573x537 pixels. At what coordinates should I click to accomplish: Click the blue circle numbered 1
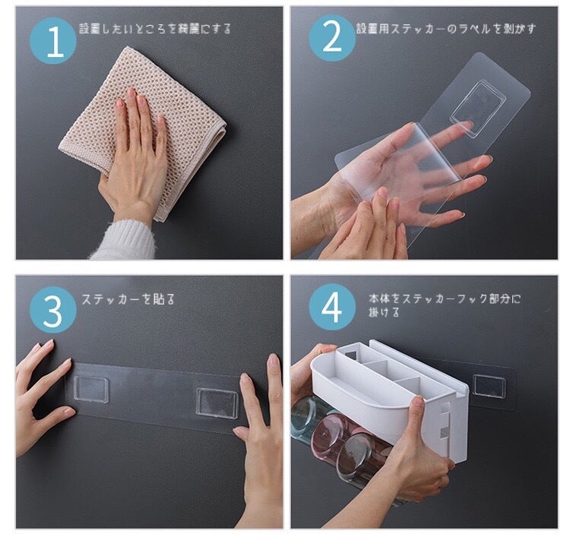click(53, 41)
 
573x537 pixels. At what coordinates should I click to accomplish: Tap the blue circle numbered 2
click(332, 38)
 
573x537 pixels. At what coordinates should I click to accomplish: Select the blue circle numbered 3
click(53, 310)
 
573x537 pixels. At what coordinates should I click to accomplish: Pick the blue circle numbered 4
click(332, 307)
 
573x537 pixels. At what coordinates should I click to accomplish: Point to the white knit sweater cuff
click(124, 240)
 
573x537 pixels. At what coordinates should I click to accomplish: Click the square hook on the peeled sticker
click(478, 109)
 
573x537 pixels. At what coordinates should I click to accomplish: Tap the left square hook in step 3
click(91, 389)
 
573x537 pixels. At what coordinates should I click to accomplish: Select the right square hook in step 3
click(217, 402)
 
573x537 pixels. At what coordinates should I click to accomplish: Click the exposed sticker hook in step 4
click(489, 385)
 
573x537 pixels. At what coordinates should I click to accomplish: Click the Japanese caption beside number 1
click(155, 29)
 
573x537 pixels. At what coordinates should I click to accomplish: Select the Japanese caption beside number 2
click(446, 29)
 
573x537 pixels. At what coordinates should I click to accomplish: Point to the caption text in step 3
click(128, 299)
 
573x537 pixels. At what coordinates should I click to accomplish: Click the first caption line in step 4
click(445, 299)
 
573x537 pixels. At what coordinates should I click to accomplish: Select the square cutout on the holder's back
click(351, 354)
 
